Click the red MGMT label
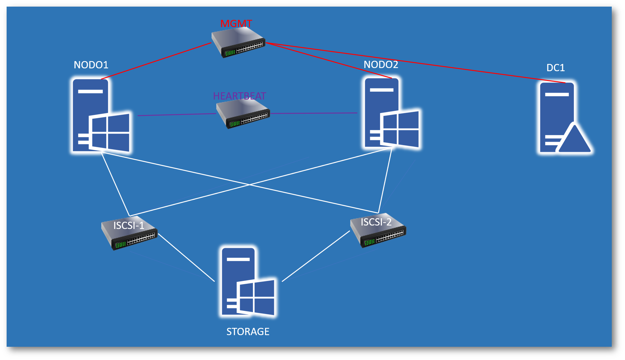tap(236, 24)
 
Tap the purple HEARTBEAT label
tap(239, 96)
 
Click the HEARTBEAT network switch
tap(243, 115)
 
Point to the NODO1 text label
tap(91, 65)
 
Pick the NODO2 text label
tap(381, 65)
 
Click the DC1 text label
tap(555, 68)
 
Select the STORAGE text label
tap(248, 332)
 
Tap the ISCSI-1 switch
tap(129, 235)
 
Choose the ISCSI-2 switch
tap(378, 231)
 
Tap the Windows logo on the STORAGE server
tap(256, 297)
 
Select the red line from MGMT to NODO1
tap(156, 61)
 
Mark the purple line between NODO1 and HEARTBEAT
tap(177, 115)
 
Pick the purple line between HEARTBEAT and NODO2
tap(314, 113)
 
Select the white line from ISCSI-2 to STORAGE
tap(316, 256)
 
